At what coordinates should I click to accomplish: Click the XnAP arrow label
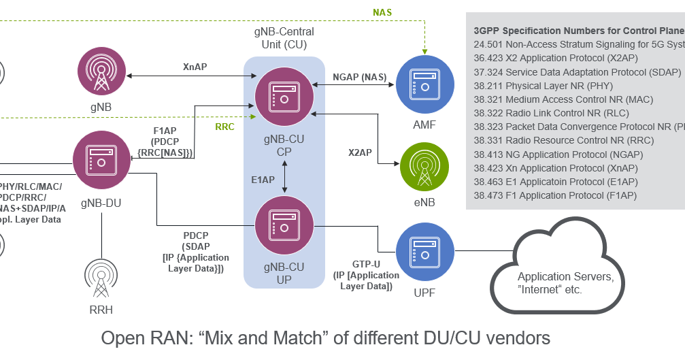pyautogui.click(x=195, y=67)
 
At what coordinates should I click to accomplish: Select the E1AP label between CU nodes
pyautogui.click(x=265, y=180)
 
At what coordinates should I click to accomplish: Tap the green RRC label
pyautogui.click(x=224, y=127)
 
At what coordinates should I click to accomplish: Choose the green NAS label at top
pyautogui.click(x=382, y=12)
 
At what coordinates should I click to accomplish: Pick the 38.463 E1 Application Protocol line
pyautogui.click(x=555, y=182)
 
